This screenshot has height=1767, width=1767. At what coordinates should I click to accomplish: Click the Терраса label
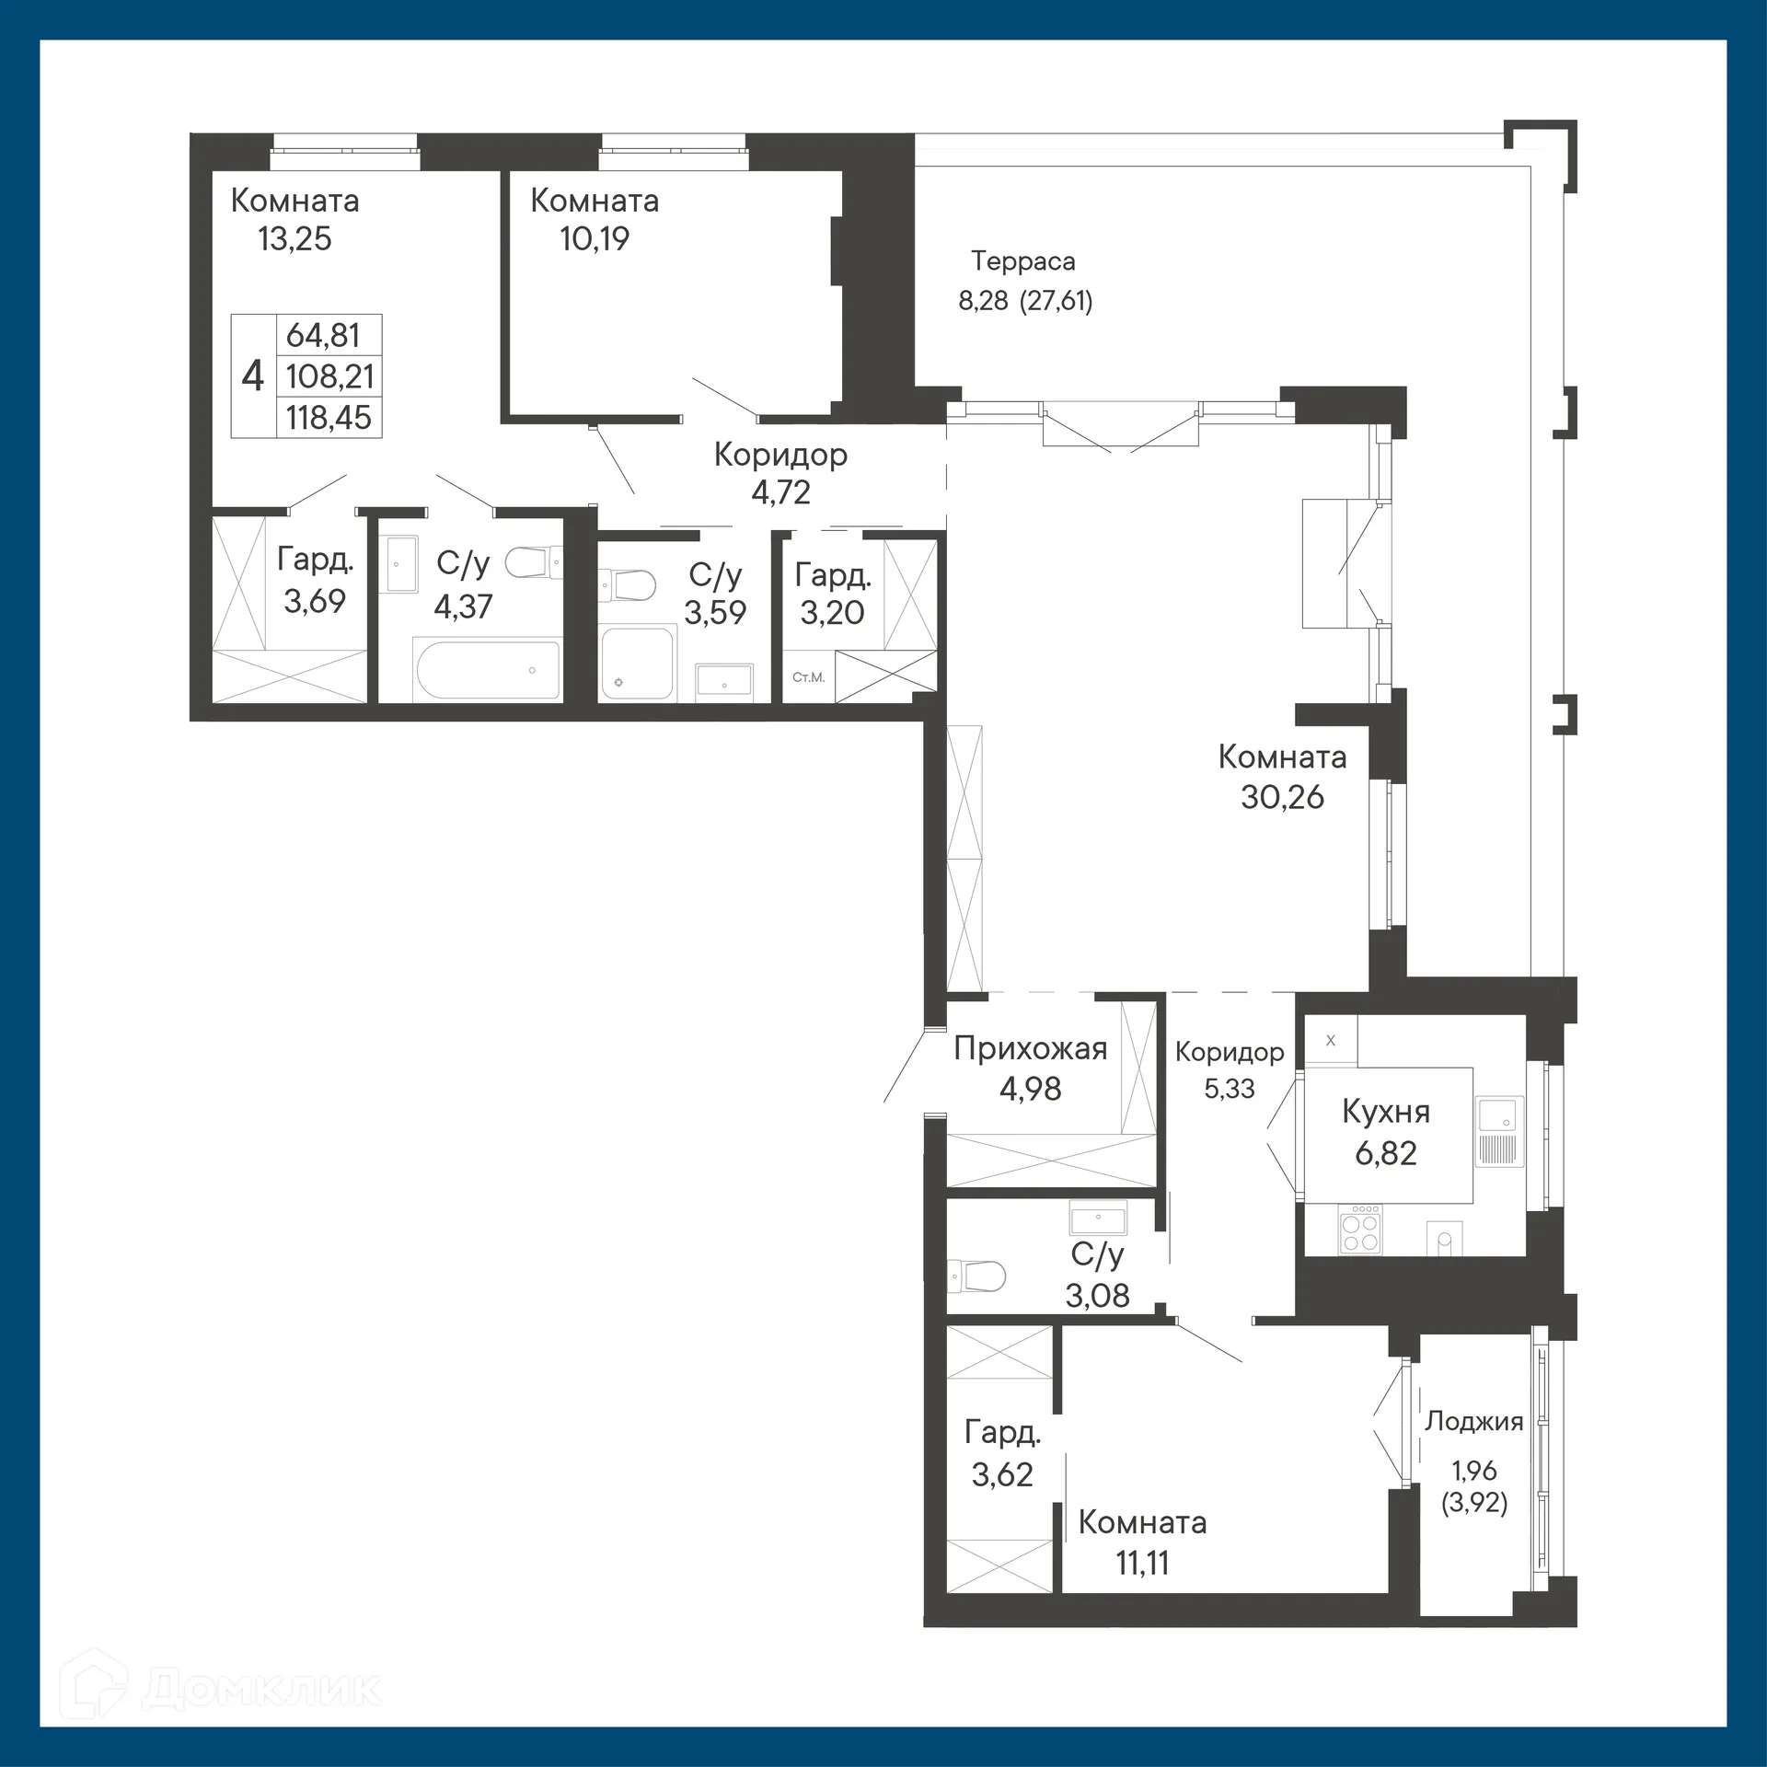tap(1022, 261)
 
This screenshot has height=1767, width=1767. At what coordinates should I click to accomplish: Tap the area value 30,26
tap(1281, 797)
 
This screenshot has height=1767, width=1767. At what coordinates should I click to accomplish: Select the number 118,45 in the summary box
tap(329, 418)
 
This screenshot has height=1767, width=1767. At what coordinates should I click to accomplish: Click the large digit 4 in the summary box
tap(252, 376)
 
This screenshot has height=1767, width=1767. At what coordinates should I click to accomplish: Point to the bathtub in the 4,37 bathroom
tap(488, 670)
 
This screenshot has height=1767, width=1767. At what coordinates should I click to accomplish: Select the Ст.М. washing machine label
tap(808, 677)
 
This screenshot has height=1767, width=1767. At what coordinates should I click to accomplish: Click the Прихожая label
tap(1030, 1048)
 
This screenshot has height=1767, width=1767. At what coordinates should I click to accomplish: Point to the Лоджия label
tap(1473, 1421)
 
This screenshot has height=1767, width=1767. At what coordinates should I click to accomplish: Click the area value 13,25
tap(294, 239)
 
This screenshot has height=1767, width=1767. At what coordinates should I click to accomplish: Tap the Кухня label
tap(1385, 1112)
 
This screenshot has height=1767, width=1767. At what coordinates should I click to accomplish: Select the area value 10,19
tap(595, 239)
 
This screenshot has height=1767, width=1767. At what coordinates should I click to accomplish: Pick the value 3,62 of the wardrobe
tap(1002, 1474)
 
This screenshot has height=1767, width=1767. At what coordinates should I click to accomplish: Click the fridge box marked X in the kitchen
tap(1330, 1040)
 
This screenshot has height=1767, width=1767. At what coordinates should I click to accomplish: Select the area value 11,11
tap(1142, 1563)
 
